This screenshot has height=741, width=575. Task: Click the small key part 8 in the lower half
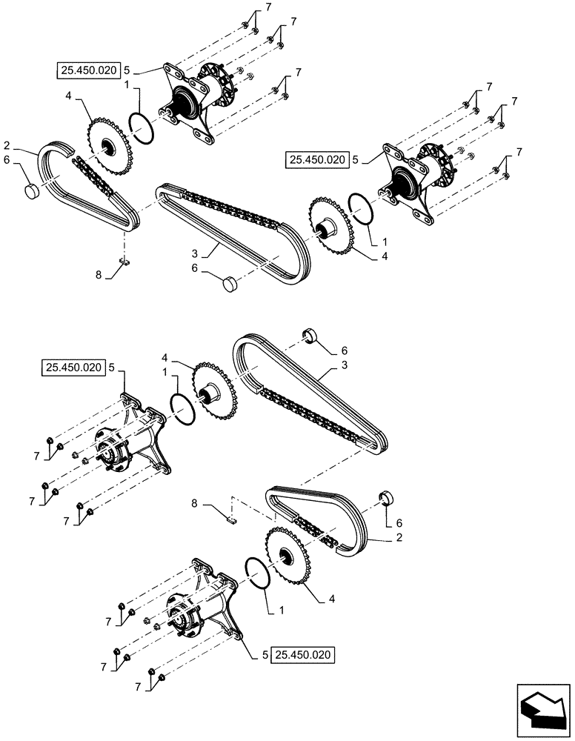(x=230, y=519)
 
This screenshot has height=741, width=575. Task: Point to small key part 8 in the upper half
(x=125, y=261)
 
